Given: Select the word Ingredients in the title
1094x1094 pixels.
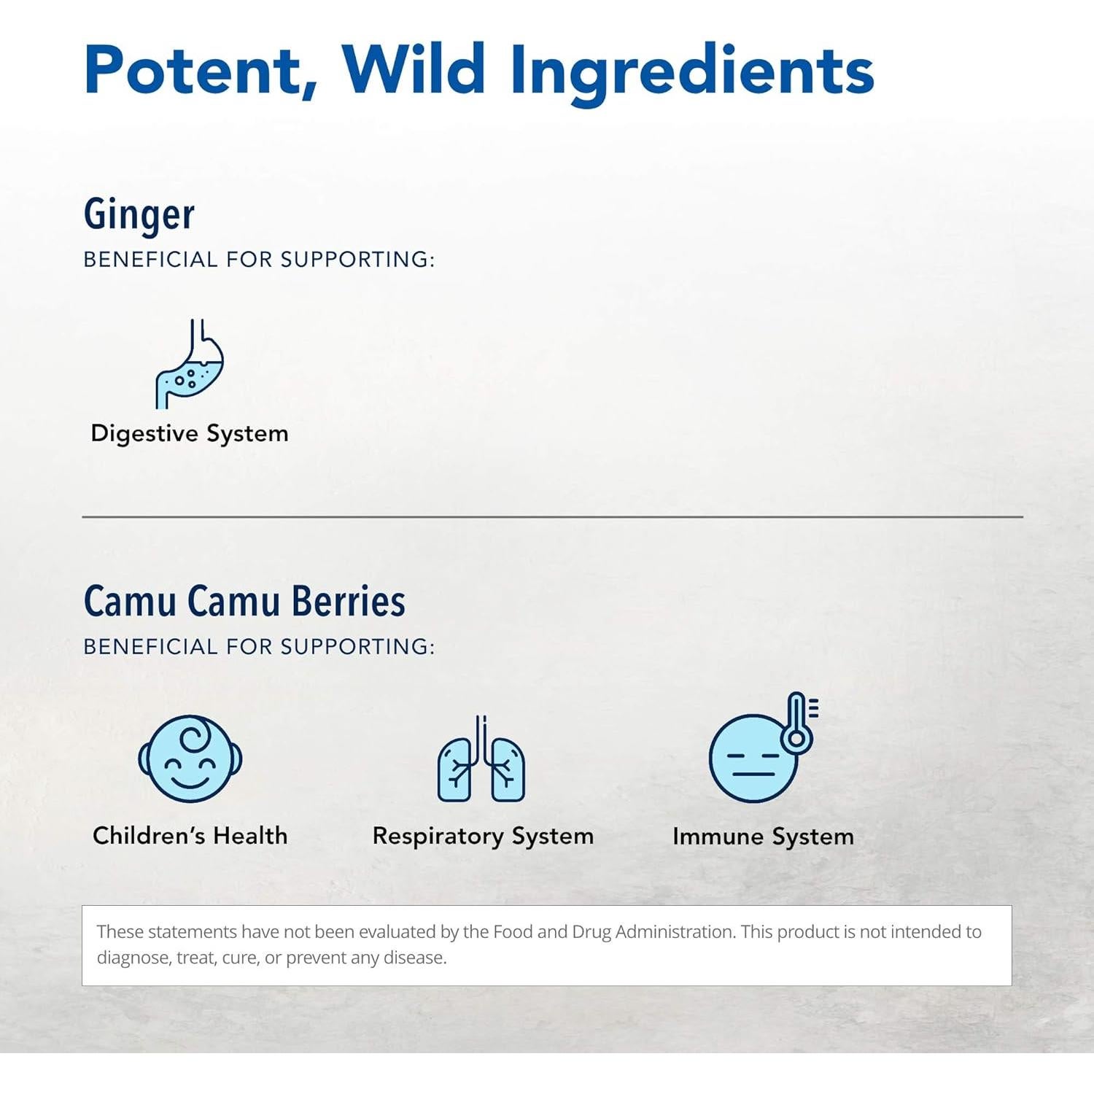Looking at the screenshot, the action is coord(692,74).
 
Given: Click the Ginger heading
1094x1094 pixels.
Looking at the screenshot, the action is coord(139,214).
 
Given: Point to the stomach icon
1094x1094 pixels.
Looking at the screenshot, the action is coord(190,363).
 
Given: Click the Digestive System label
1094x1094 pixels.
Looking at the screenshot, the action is coord(190,434).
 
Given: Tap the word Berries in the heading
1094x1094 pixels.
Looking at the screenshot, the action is coord(349,601).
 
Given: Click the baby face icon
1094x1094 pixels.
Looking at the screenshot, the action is coord(190,759).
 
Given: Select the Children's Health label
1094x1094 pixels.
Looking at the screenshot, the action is coord(190,835).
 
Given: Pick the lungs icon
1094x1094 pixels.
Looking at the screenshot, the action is coord(481,759).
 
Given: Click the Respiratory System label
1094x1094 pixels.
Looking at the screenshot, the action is coord(483,837).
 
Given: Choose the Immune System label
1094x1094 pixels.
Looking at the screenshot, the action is coord(763,837).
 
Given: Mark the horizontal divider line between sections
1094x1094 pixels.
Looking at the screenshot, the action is coord(552,516).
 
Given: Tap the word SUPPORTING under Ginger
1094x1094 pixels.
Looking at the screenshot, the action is coord(357,260).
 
